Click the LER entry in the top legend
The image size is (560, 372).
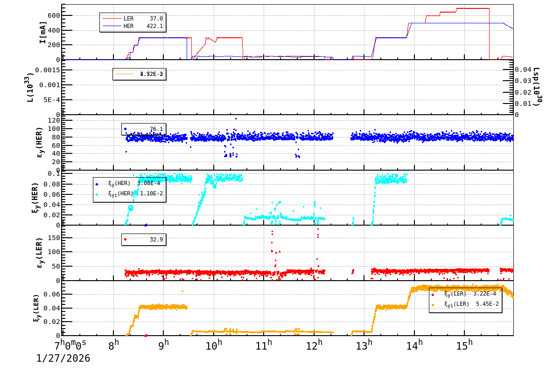tap(128, 18)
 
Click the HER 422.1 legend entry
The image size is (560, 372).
tap(128, 26)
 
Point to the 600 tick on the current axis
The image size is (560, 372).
tap(54, 15)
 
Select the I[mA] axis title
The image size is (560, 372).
tap(43, 33)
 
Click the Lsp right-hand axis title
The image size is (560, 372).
tap(537, 87)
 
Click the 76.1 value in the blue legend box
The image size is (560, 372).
tap(156, 129)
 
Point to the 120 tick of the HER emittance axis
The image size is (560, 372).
tap(52, 120)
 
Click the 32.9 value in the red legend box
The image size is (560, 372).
tap(156, 240)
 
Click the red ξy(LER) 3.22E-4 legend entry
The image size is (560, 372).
tap(469, 294)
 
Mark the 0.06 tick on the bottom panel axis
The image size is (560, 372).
tap(52, 294)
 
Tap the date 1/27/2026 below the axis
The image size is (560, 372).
tap(63, 358)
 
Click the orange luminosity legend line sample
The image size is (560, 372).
tap(125, 74)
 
